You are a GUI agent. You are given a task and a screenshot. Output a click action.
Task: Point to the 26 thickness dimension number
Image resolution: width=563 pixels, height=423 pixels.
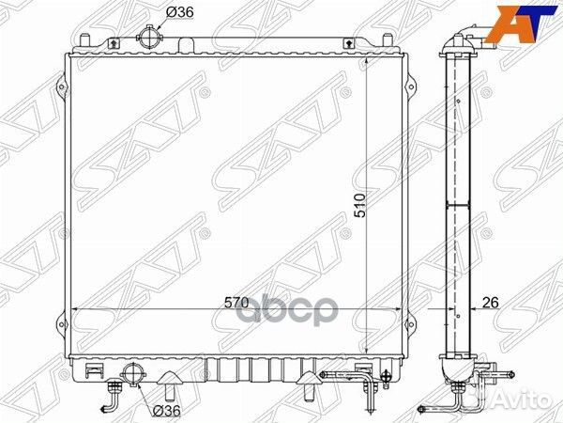tap(490, 303)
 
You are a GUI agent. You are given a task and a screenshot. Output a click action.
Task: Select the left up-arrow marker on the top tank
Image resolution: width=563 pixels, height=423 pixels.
tap(113, 43)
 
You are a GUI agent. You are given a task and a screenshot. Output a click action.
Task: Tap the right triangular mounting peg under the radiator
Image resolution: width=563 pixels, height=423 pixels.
tap(306, 385)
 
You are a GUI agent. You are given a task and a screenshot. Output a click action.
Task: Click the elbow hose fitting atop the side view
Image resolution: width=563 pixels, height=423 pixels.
tap(470, 42)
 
